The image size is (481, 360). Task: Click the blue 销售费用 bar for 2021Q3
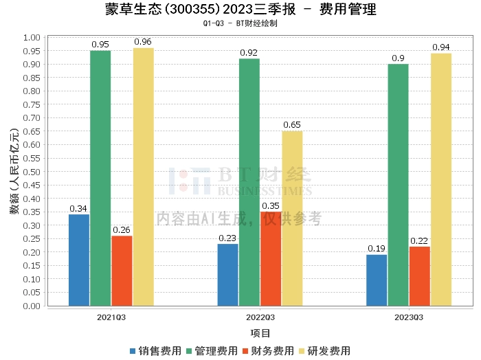tap(79, 260)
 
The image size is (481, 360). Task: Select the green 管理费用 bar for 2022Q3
tap(249, 182)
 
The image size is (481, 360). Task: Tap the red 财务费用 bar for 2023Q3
tap(420, 276)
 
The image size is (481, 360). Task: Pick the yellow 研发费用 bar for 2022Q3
tap(292, 218)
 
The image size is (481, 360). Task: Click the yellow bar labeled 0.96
tap(144, 177)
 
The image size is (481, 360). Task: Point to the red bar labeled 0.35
tap(271, 259)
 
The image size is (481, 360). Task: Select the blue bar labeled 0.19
tap(377, 280)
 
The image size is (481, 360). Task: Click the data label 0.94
tap(441, 47)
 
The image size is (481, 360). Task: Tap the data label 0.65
tap(292, 125)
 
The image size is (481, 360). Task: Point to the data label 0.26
tap(122, 230)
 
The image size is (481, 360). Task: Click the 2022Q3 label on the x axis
tap(260, 317)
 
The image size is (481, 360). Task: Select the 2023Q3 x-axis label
tap(409, 317)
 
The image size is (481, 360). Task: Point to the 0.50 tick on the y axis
tap(32, 172)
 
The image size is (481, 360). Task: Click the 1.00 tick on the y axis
tap(32, 38)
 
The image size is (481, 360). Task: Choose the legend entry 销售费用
tap(156, 351)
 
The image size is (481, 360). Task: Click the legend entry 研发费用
tap(325, 351)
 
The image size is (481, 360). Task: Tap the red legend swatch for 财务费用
tap(245, 351)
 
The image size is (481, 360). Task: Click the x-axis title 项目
tap(260, 333)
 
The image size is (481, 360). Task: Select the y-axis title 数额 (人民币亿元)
tap(14, 171)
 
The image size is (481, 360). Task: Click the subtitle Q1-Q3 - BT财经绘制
tap(240, 23)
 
